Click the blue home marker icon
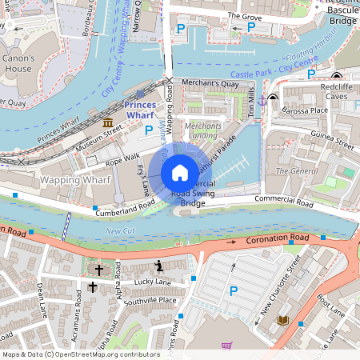pyautogui.click(x=180, y=173)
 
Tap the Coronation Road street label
pyautogui.click(x=278, y=238)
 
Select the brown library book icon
pyautogui.click(x=282, y=321)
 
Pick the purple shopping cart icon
pyautogui.click(x=226, y=346)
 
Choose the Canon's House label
pyautogui.click(x=18, y=64)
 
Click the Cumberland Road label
pyautogui.click(x=124, y=209)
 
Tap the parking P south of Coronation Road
pyautogui.click(x=234, y=291)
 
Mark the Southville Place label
pyautogui.click(x=155, y=301)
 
